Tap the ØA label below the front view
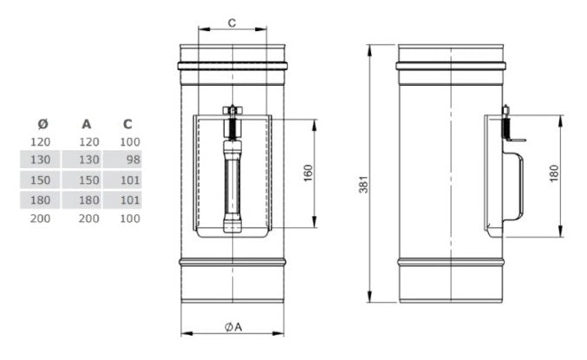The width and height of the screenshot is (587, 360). pyautogui.click(x=233, y=326)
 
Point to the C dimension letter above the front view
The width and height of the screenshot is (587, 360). pyautogui.click(x=232, y=23)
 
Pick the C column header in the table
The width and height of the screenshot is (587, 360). pyautogui.click(x=127, y=122)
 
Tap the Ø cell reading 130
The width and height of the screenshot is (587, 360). pyautogui.click(x=41, y=160)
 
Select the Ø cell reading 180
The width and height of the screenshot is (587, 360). pyautogui.click(x=41, y=200)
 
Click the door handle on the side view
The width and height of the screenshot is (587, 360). pyautogui.click(x=517, y=185)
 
